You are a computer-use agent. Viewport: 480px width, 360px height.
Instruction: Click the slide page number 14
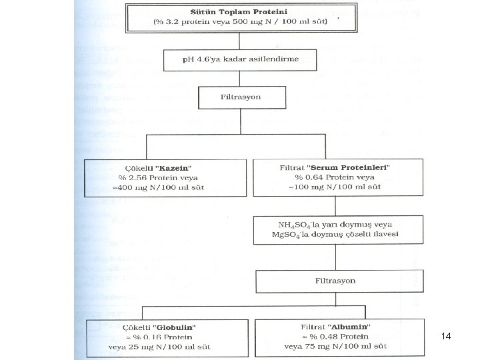(x=446, y=337)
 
